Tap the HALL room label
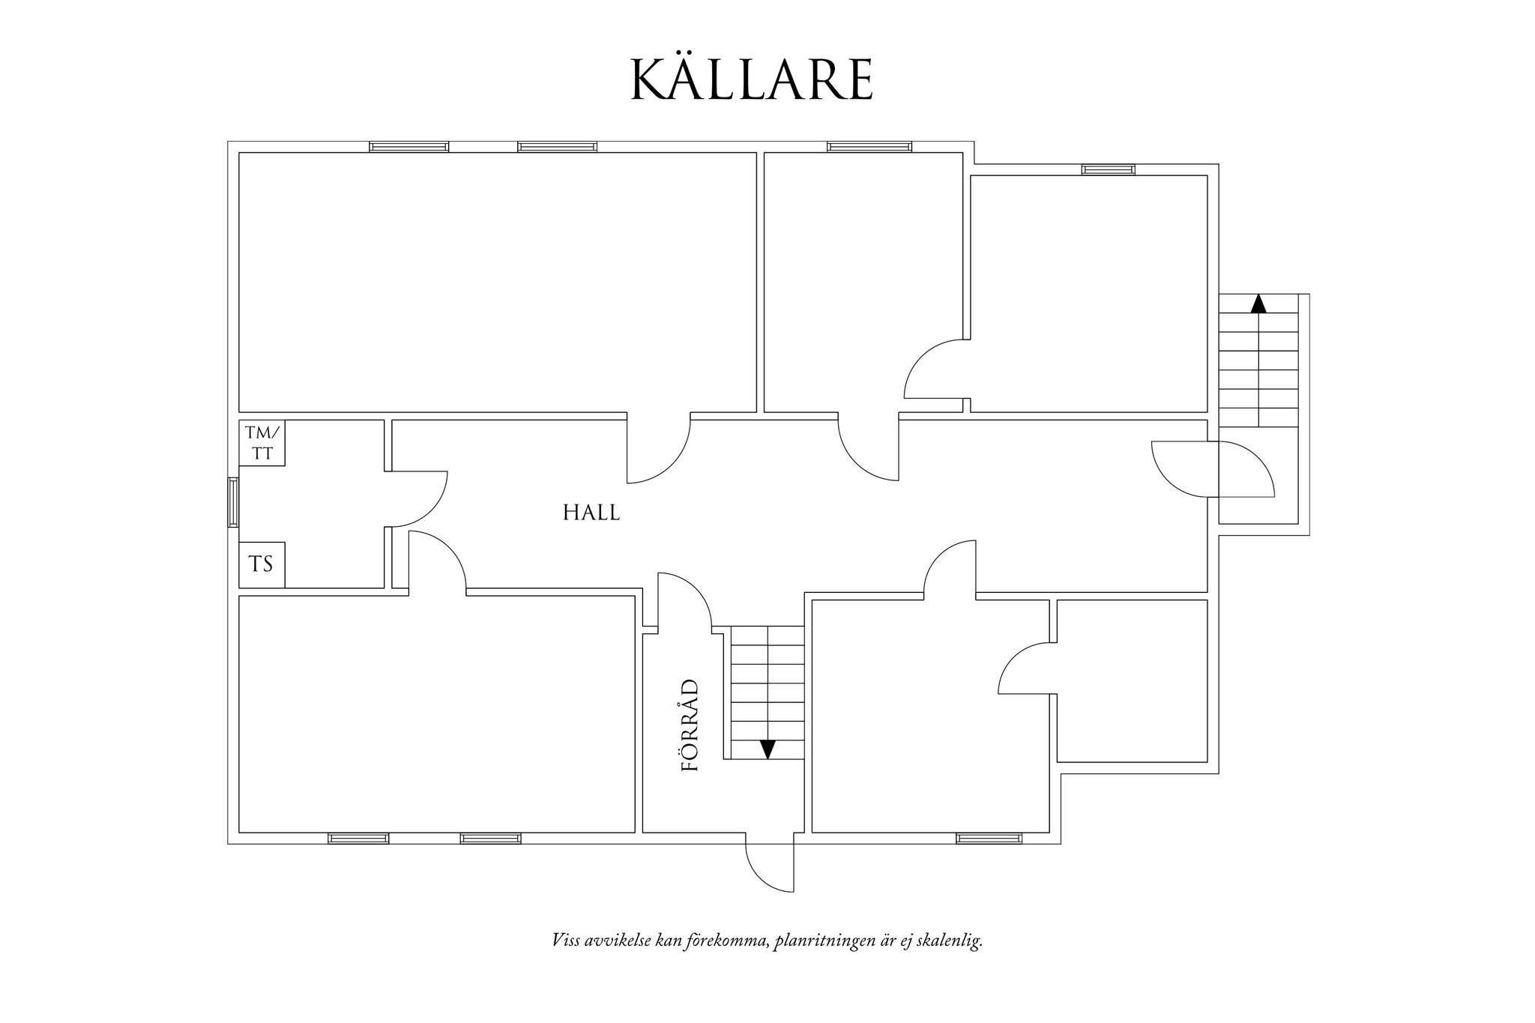click(x=591, y=513)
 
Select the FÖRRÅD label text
click(x=690, y=725)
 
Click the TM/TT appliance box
click(x=262, y=443)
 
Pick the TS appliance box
click(x=262, y=564)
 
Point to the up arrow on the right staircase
click(x=1258, y=303)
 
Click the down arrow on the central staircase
click(x=767, y=749)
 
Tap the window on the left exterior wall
click(x=233, y=502)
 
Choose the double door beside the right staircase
click(x=1212, y=469)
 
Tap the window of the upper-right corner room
click(x=1108, y=169)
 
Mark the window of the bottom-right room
click(x=989, y=838)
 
